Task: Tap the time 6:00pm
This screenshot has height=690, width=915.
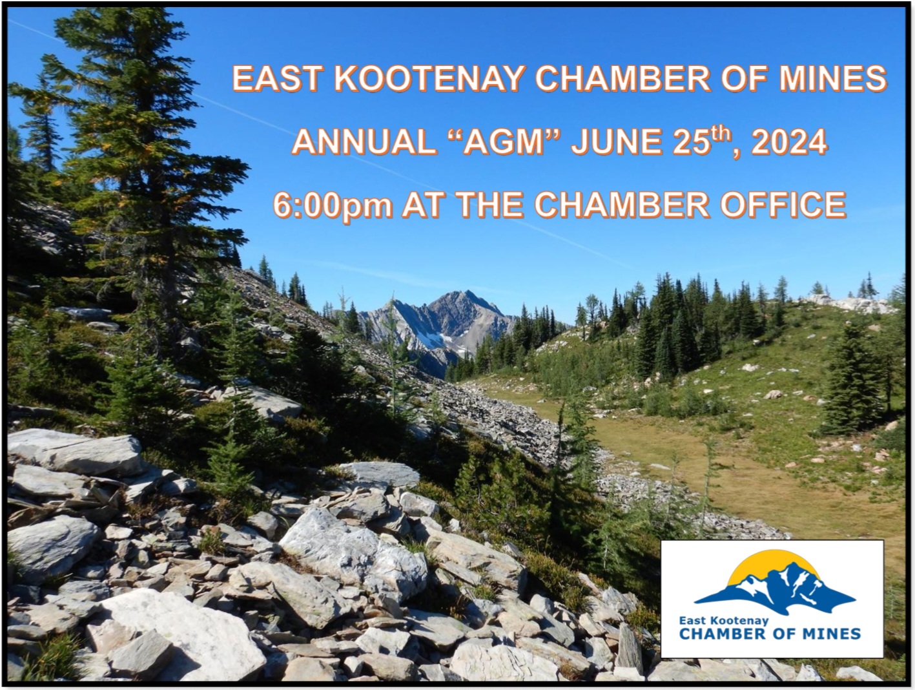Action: (333, 205)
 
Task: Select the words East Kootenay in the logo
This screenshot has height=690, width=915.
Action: (724, 621)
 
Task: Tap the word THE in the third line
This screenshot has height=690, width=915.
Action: (486, 205)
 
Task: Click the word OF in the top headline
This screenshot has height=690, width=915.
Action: (744, 78)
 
